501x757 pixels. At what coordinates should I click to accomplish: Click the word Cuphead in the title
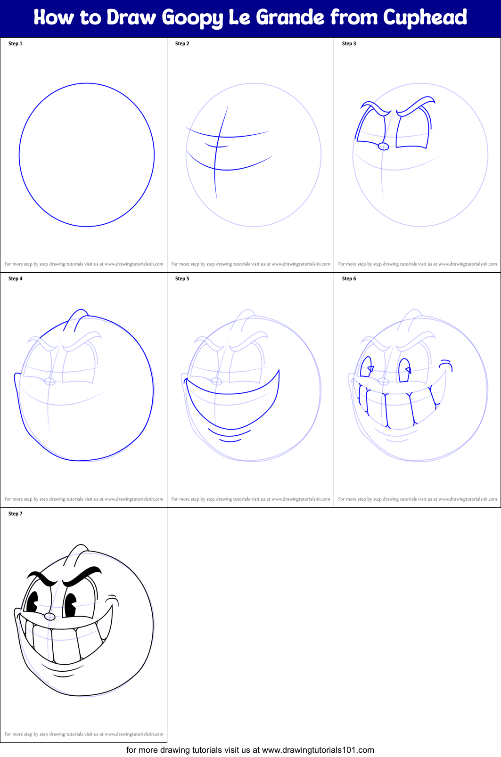(425, 17)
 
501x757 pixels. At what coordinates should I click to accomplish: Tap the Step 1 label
(16, 44)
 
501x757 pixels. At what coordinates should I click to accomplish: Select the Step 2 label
(182, 44)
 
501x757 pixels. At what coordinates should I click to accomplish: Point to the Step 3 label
(349, 44)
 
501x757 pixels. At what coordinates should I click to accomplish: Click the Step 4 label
(16, 279)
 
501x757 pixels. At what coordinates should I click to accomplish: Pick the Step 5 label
(182, 279)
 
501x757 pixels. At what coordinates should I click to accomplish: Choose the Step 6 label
(349, 279)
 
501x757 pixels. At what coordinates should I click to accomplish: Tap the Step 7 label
(16, 514)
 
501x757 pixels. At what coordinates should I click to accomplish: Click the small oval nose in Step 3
(384, 147)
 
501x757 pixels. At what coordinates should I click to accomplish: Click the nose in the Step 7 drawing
(50, 617)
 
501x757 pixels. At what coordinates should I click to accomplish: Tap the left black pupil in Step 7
(33, 602)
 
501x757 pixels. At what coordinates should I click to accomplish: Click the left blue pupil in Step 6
(366, 370)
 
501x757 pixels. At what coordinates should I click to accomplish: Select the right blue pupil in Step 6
(405, 370)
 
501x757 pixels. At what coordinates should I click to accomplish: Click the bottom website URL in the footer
(318, 750)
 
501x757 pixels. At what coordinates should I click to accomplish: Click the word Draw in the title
(131, 17)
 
